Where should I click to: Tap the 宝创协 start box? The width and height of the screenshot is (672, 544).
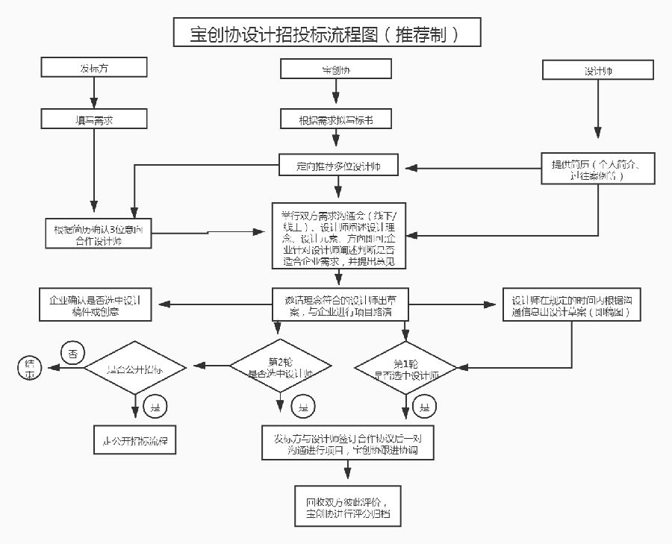click(336, 69)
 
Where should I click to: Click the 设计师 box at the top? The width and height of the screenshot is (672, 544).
click(597, 70)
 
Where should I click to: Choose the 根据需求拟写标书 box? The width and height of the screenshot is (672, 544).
click(336, 119)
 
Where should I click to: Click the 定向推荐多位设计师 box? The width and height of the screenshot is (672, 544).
click(338, 166)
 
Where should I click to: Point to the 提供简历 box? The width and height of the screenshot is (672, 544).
click(598, 169)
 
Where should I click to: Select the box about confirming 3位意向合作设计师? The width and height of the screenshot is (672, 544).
click(99, 234)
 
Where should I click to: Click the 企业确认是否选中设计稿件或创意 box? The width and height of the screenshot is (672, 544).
click(95, 306)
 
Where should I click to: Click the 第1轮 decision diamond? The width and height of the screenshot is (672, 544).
click(406, 368)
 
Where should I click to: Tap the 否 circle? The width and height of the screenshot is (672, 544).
click(72, 351)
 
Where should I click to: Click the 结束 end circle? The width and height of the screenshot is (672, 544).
click(31, 366)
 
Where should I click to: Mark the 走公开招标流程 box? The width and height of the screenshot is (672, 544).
click(135, 440)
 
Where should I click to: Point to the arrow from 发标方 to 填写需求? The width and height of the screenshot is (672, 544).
click(94, 93)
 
